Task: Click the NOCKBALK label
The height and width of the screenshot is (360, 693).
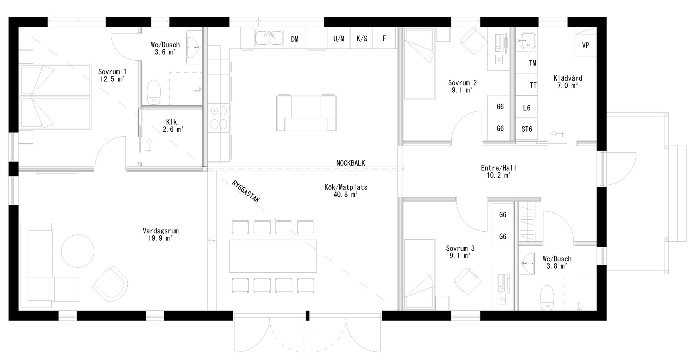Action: coord(351,163)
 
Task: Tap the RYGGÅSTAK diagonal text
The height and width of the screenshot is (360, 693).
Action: coord(246,192)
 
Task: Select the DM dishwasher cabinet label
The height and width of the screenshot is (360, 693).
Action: coord(295,39)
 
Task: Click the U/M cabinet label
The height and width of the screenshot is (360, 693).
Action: coord(339,38)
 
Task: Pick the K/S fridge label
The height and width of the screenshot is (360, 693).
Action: coord(362,38)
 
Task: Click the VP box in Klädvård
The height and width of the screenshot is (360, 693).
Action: coord(586,46)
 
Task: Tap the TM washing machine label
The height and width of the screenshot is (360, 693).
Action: coord(533,63)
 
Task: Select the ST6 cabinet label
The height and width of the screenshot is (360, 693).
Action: coord(526,129)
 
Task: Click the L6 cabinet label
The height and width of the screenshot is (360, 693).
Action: coord(526,108)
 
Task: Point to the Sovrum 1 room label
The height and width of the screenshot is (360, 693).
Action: coord(112,75)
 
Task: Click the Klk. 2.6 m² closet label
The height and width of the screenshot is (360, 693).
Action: coord(173,126)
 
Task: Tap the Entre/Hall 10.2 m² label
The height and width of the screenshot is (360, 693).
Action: coord(499,171)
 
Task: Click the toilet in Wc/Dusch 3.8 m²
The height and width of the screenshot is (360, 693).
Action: coord(546,298)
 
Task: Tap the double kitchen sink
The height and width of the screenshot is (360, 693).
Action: coord(269,39)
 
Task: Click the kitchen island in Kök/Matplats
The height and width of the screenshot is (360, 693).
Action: coord(306,113)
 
